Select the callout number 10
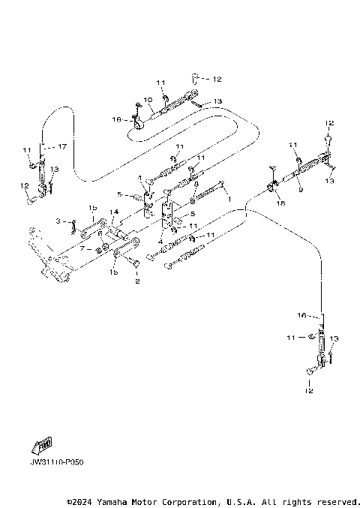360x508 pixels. (x=148, y=99)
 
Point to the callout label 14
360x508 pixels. (x=114, y=212)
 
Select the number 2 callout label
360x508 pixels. (x=136, y=282)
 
